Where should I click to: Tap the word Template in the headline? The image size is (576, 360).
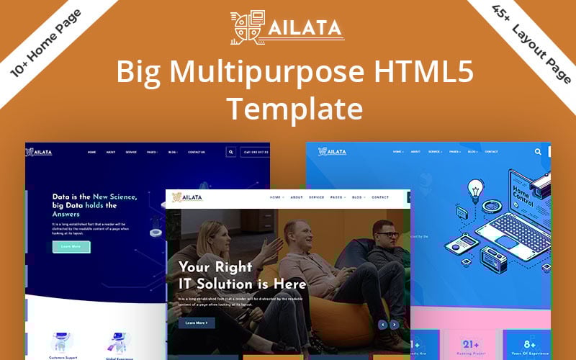click(294, 109)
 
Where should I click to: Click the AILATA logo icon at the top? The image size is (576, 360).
click(246, 28)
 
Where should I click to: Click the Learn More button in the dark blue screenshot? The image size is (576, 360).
click(71, 246)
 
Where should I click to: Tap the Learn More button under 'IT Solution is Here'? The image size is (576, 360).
click(196, 323)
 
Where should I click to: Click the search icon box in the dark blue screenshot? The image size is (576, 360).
click(230, 152)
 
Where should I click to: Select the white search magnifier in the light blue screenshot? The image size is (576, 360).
click(538, 152)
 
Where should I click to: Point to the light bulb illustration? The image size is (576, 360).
click(475, 190)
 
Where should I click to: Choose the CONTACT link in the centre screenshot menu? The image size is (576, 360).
click(380, 197)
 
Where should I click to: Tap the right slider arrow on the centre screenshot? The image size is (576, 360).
click(394, 325)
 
